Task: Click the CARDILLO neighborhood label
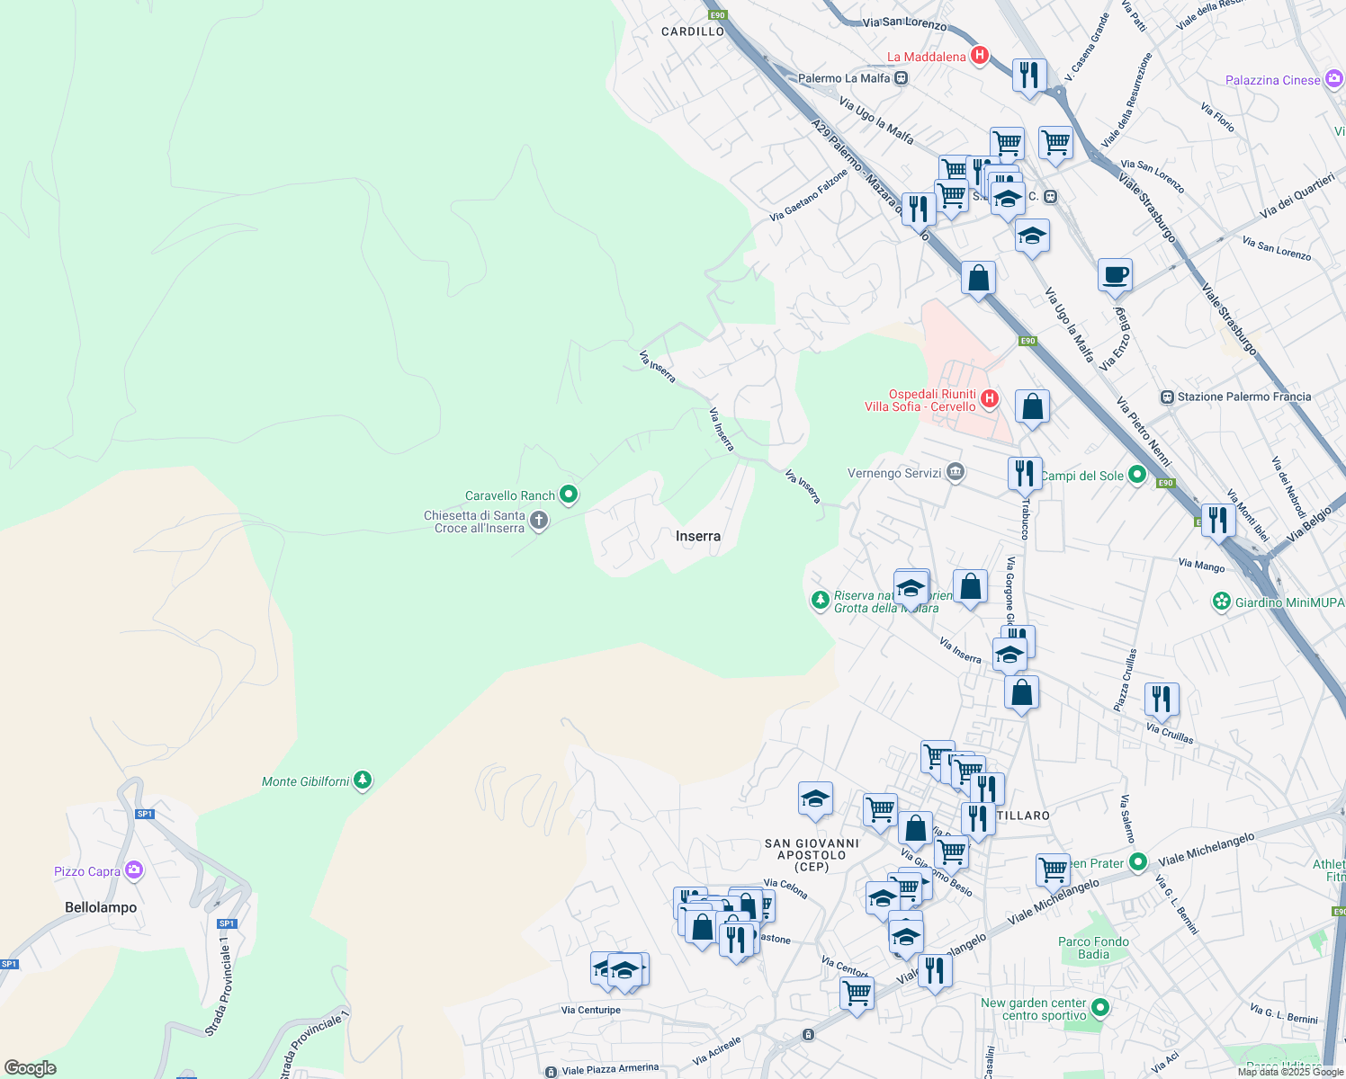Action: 692,31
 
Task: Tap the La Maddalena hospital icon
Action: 979,56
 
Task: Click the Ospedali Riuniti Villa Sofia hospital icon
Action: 990,398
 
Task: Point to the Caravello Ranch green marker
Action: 569,495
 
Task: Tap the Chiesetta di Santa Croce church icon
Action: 539,521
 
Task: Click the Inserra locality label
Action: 698,536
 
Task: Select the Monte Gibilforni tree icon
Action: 363,780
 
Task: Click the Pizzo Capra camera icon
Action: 134,869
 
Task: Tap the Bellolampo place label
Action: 101,907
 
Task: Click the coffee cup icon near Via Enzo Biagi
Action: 1115,275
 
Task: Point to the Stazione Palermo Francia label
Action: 1244,397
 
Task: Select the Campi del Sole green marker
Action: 1137,475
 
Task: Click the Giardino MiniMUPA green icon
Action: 1221,602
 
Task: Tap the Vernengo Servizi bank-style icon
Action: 956,472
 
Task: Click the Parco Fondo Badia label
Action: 1093,948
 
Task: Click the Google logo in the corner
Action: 31,1068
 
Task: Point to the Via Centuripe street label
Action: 590,1010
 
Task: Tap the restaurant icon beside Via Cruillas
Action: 1162,700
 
